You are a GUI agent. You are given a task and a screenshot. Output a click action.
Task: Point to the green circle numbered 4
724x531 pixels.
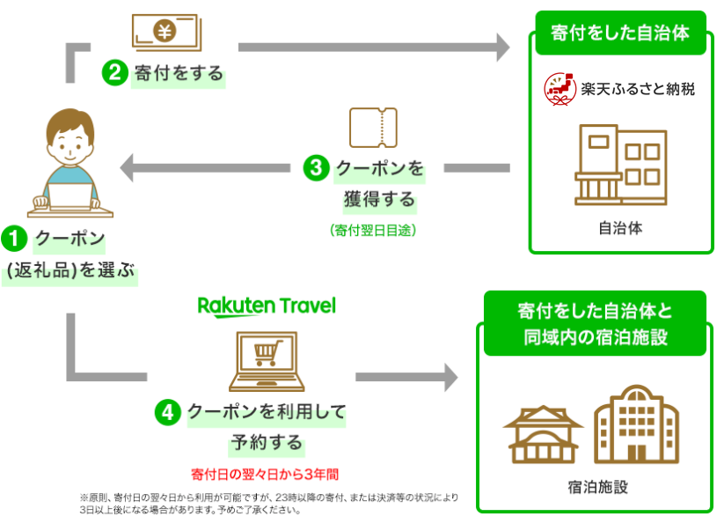tap(168, 411)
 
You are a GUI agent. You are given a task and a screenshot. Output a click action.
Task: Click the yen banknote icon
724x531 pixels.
tap(165, 32)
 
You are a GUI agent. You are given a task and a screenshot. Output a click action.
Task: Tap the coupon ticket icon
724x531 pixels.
tap(373, 129)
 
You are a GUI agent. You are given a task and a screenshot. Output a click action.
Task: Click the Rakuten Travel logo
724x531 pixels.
tap(266, 306)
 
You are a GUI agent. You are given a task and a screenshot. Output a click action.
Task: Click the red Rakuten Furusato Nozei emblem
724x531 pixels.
tap(558, 89)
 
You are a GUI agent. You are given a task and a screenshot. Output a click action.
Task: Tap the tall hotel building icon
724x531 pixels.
tap(636, 424)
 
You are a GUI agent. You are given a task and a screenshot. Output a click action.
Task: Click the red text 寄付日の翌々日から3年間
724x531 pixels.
tap(265, 473)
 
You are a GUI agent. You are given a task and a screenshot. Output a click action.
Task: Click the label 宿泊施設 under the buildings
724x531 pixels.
tap(597, 487)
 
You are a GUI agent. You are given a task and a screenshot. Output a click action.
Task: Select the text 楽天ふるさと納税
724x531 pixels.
tap(637, 89)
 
